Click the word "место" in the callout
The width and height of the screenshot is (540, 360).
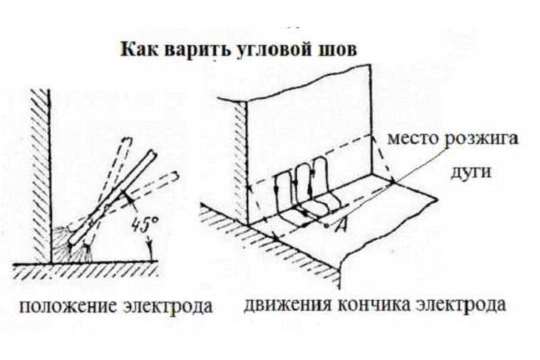click(413, 139)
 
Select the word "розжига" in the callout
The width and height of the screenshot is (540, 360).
click(481, 139)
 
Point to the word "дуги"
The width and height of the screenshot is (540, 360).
click(471, 172)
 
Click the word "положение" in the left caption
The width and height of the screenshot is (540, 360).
click(67, 307)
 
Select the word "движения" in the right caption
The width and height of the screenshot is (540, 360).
click(288, 305)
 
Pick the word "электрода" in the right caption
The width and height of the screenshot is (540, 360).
click(461, 305)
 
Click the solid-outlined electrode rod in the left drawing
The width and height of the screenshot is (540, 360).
click(112, 197)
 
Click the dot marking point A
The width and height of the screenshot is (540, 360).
click(326, 226)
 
